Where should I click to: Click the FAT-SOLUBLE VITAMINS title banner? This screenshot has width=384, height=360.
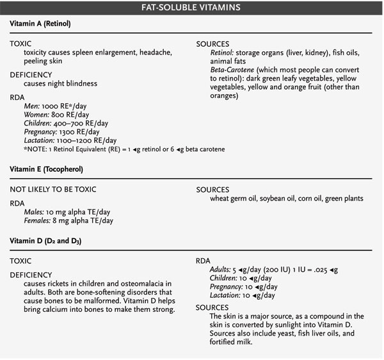192,8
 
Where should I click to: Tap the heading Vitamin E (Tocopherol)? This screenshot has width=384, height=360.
47,170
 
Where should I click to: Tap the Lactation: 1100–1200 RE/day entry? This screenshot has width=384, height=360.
70,140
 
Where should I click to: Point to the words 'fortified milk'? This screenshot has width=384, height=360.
234,342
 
